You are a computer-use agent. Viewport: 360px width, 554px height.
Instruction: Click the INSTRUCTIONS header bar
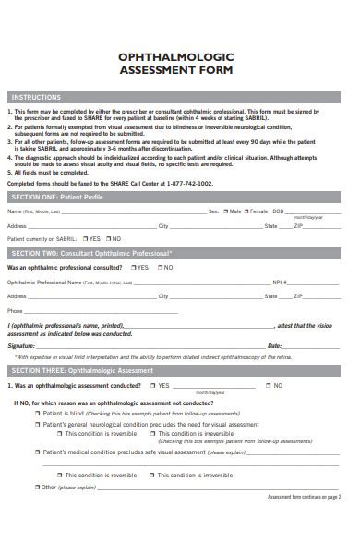click(181, 96)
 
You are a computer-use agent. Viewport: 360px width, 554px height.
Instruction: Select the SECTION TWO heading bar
click(181, 252)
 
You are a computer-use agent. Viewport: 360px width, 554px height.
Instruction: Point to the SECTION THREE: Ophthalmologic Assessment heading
click(181, 369)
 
